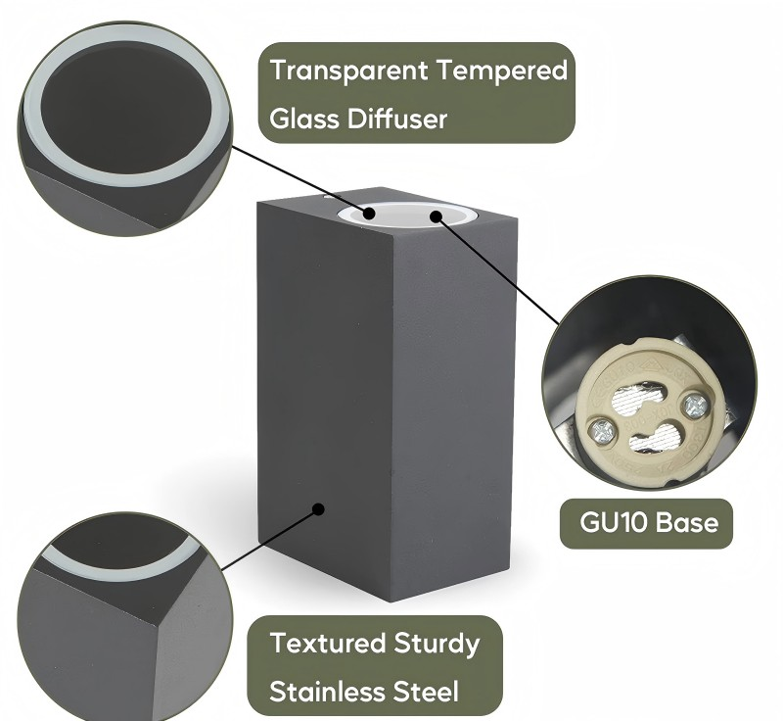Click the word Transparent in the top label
[349, 70]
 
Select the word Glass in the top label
[304, 119]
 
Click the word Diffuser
[397, 119]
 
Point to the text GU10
[613, 523]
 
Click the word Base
[687, 523]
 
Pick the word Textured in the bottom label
[328, 643]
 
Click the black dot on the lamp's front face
[318, 509]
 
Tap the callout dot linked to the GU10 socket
[437, 216]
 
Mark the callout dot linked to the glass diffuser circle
[369, 214]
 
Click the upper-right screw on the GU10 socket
[695, 405]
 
